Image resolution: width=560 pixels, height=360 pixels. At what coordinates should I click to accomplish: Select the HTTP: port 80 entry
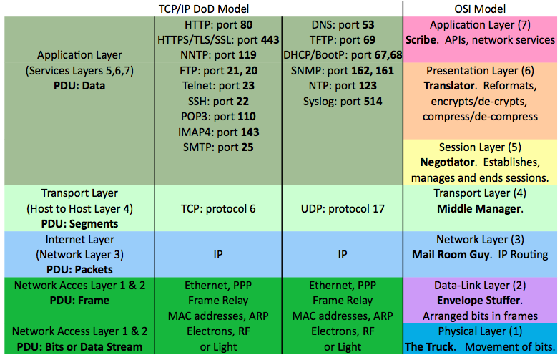click(218, 24)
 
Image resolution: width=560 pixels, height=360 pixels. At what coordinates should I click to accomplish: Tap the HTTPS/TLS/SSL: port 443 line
click(218, 40)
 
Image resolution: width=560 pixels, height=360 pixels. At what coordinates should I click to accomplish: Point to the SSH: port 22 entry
click(218, 101)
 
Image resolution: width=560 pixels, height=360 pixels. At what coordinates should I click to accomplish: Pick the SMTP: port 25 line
click(218, 147)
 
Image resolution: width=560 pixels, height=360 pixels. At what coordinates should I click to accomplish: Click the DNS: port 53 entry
click(342, 24)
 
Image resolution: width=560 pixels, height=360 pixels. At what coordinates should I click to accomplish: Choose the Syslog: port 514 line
click(342, 101)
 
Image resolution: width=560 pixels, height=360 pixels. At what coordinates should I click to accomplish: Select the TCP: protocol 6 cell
click(218, 208)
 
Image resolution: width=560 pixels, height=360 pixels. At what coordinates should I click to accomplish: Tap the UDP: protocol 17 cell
click(342, 208)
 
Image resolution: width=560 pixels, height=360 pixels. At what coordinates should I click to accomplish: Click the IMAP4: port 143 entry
click(218, 132)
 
